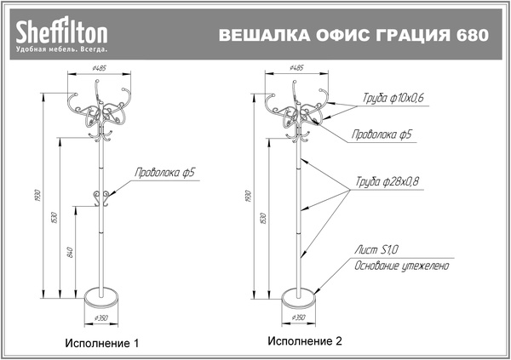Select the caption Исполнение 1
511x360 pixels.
(102, 344)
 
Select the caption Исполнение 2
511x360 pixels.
(304, 341)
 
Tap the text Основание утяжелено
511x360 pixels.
(401, 266)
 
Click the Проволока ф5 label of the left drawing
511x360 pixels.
(165, 173)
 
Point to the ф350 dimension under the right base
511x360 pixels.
(299, 317)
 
